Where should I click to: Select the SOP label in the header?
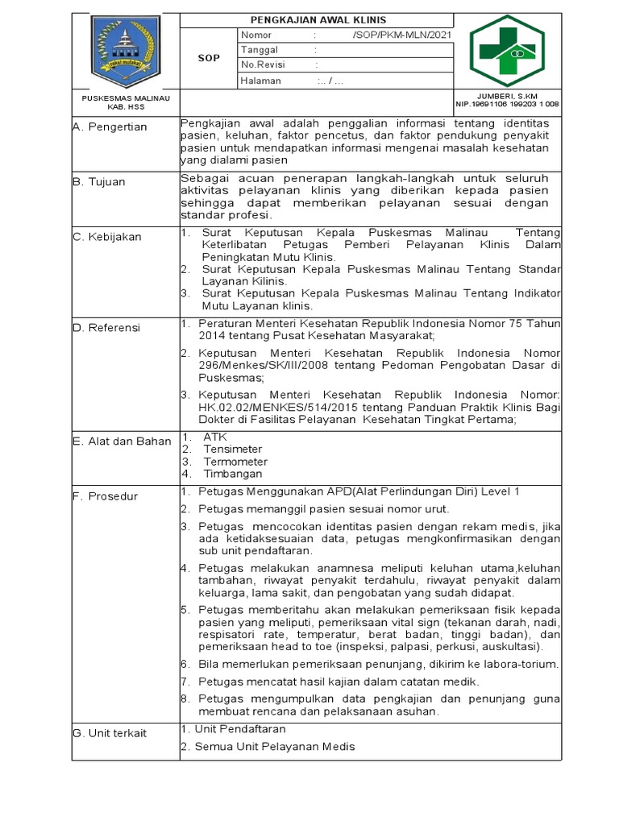[209, 58]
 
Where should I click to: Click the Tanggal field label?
[260, 50]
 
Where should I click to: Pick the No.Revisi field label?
[264, 65]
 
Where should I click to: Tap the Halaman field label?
[261, 81]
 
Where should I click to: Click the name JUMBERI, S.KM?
[508, 95]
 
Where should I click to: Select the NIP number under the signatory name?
[508, 104]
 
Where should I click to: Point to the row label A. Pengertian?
[110, 126]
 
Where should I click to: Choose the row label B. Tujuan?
[99, 181]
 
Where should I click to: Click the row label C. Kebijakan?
[106, 237]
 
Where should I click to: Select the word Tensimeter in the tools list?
[233, 449]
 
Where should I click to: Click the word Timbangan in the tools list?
[235, 475]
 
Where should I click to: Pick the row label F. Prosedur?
[105, 495]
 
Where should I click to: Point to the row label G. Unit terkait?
[110, 732]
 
